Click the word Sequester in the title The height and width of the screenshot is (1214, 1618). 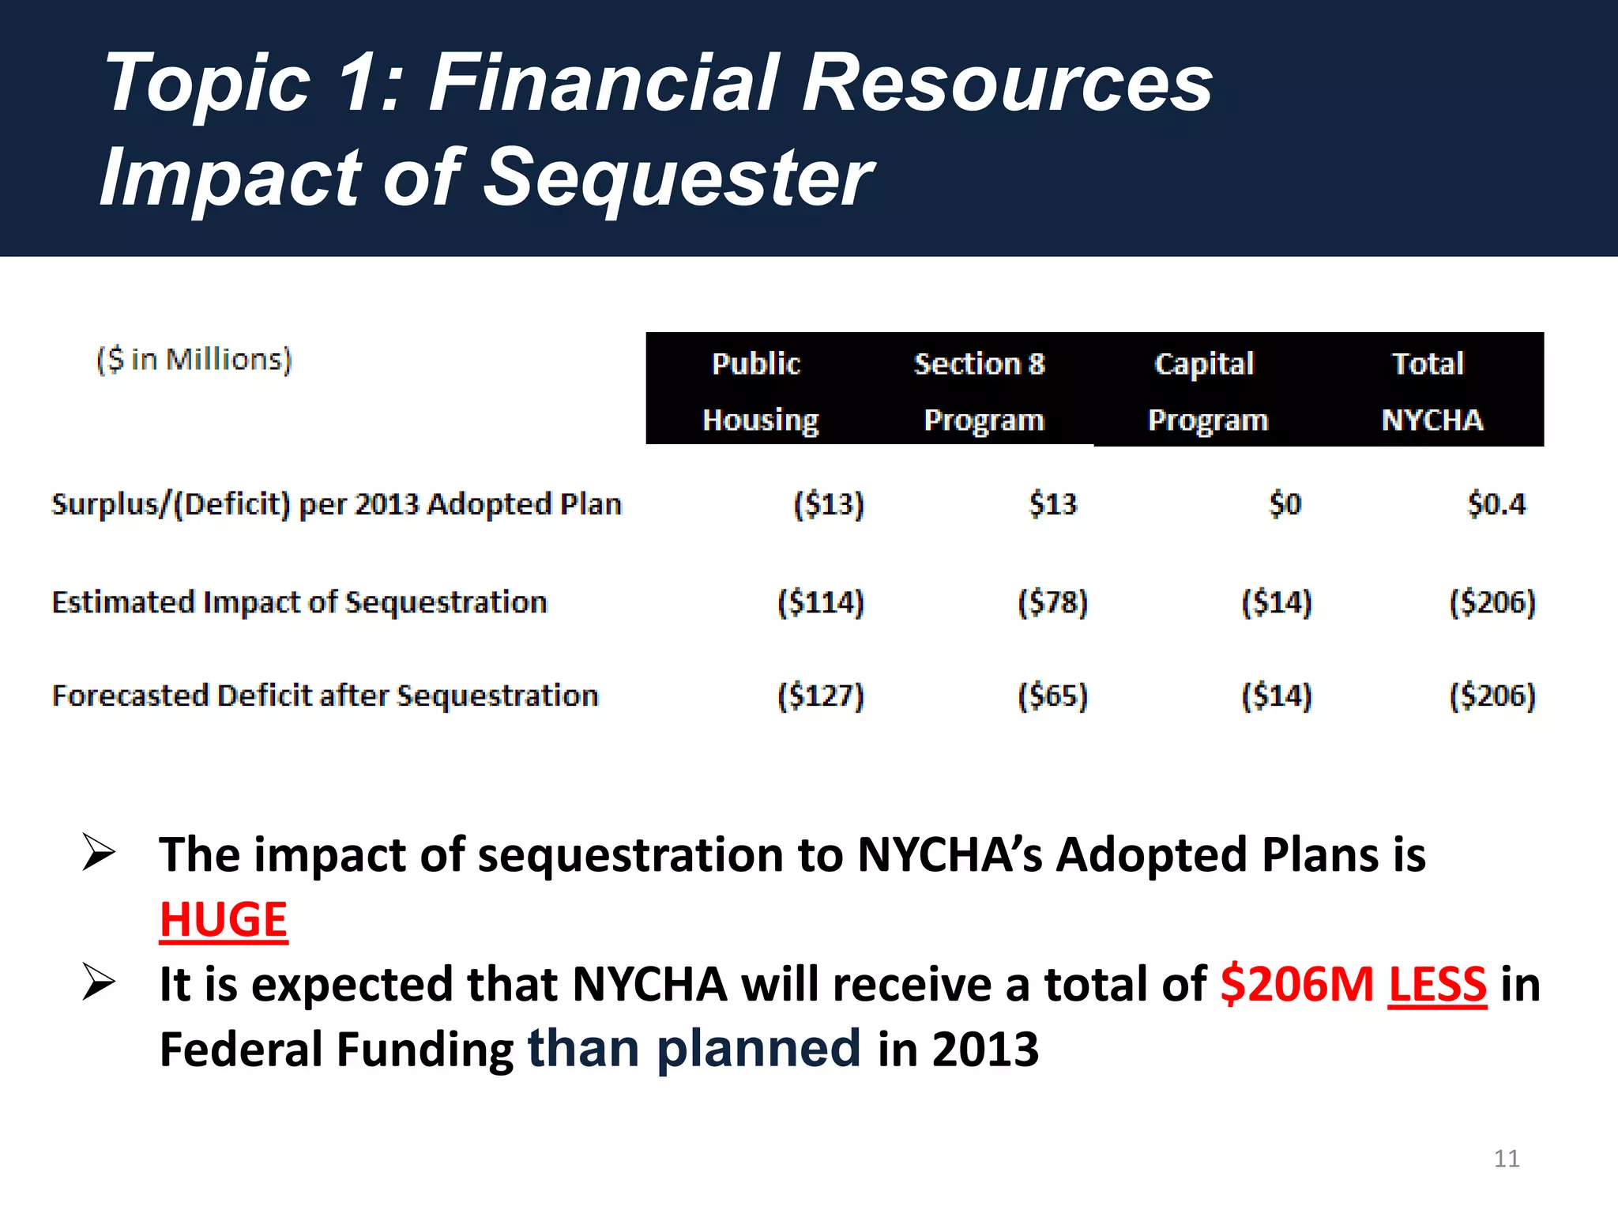click(x=677, y=178)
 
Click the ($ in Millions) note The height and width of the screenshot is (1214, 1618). click(x=194, y=360)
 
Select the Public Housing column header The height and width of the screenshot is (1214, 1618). click(x=758, y=390)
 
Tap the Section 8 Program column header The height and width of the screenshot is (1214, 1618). click(x=980, y=390)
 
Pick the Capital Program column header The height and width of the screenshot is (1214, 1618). click(x=1206, y=390)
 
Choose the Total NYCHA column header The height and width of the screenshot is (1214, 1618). click(x=1430, y=390)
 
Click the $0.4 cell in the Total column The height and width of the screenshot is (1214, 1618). click(x=1496, y=504)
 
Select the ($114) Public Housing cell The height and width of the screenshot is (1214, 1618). click(x=821, y=602)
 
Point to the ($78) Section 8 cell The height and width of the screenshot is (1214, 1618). click(x=1052, y=602)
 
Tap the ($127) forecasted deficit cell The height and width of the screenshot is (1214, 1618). click(x=821, y=696)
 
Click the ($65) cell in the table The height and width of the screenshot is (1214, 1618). click(x=1052, y=696)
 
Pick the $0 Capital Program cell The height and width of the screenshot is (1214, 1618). click(x=1285, y=504)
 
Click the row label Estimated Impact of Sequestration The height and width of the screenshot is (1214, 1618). click(x=299, y=602)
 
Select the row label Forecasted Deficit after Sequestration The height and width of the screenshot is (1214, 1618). click(x=325, y=696)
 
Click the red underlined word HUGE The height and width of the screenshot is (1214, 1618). click(x=224, y=920)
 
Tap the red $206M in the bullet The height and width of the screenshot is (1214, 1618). click(x=1296, y=985)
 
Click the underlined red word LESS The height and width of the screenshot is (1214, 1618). click(x=1437, y=985)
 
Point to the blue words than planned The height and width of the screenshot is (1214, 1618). click(x=694, y=1049)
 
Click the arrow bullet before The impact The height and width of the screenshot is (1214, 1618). click(x=99, y=854)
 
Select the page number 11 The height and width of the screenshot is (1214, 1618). click(x=1506, y=1159)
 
